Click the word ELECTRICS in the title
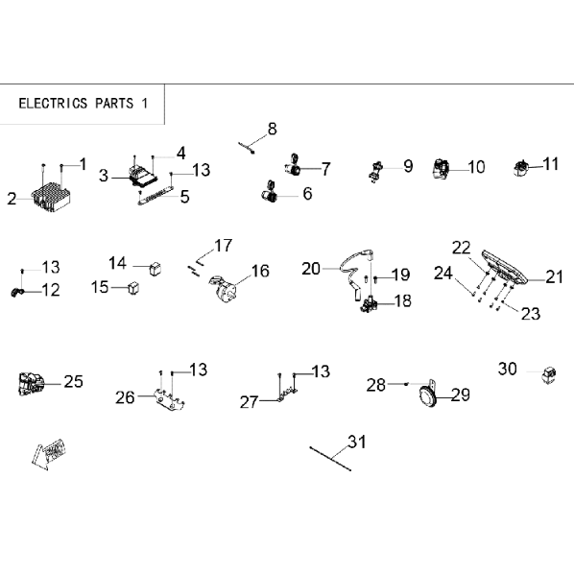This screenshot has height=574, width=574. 53,104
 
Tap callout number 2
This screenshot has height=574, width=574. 12,199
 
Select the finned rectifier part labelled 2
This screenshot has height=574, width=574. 52,196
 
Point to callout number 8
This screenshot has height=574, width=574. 272,129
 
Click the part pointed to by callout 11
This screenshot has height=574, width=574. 521,168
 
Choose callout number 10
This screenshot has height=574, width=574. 477,167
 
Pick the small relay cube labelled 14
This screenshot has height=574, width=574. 155,269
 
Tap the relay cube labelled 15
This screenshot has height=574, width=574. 133,288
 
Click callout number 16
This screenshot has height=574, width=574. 260,271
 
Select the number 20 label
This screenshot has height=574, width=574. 311,269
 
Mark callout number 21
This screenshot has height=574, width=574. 554,277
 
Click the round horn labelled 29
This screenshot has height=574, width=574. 428,395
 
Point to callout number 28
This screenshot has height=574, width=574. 376,385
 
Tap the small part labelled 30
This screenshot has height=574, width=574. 549,374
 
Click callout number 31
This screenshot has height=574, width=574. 357,442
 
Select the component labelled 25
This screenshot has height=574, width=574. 31,384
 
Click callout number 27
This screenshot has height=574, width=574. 249,402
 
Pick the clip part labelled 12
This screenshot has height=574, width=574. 17,293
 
